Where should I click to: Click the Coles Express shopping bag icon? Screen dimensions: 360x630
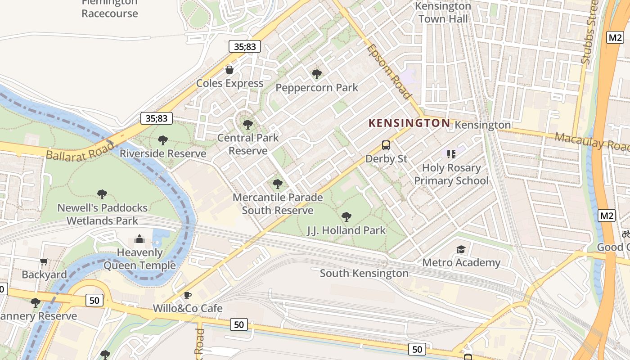pos(229,70)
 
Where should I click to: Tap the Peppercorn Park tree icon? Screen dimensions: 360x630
pos(317,74)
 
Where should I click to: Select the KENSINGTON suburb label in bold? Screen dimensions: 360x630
pos(409,123)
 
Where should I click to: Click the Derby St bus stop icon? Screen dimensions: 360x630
pos(386,145)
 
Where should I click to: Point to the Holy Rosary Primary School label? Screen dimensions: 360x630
pos(451,174)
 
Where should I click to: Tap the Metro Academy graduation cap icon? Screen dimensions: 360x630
pos(461,250)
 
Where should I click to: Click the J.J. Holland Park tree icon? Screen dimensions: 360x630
pos(346,217)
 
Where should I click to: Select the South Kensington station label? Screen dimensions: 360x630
pos(364,273)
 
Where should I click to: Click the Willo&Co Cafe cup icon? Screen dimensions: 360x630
pos(188,295)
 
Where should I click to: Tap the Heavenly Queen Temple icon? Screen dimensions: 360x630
pos(139,239)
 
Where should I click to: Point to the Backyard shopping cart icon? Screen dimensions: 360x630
pos(44,261)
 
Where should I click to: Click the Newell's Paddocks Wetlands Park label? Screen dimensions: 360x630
pos(103,214)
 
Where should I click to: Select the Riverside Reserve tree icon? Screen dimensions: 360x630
pos(163,140)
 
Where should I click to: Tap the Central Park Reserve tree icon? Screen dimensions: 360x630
pos(247,124)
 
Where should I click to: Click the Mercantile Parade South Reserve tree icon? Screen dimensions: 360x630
pos(278,184)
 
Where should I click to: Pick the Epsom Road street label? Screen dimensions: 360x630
pos(388,72)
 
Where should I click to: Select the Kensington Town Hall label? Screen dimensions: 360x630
pos(443,13)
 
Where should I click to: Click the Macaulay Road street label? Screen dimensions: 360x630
pos(591,141)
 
